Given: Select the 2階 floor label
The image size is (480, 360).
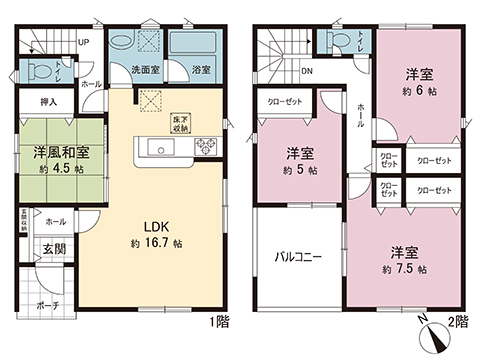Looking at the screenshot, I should tap(461, 322).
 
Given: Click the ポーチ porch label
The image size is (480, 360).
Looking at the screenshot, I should tap(46, 306).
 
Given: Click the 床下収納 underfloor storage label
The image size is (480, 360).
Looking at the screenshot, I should tap(182, 122).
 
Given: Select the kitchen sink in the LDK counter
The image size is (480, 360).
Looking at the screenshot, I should tap(158, 149).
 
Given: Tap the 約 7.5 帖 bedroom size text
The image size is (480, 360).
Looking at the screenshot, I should tap(404, 270).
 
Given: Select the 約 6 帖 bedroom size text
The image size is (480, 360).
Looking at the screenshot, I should tap(417, 90).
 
